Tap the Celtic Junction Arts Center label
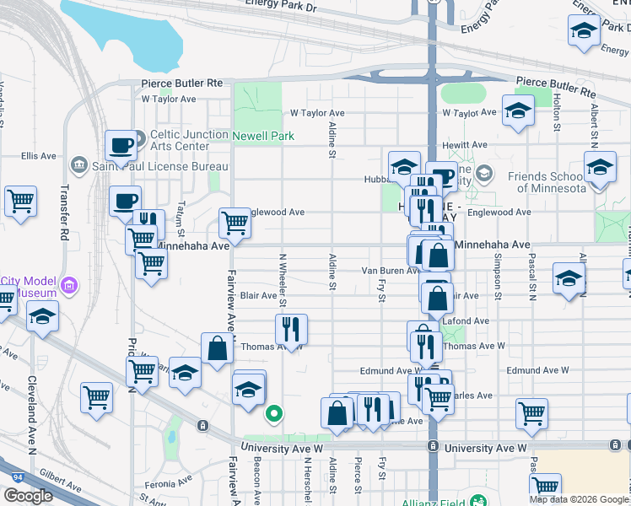pos(189,140)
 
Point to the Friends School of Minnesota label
pos(546,182)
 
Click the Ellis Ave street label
pos(39,156)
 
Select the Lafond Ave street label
pos(470,321)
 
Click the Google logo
pos(28,496)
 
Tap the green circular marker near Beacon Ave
pos(273,413)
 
